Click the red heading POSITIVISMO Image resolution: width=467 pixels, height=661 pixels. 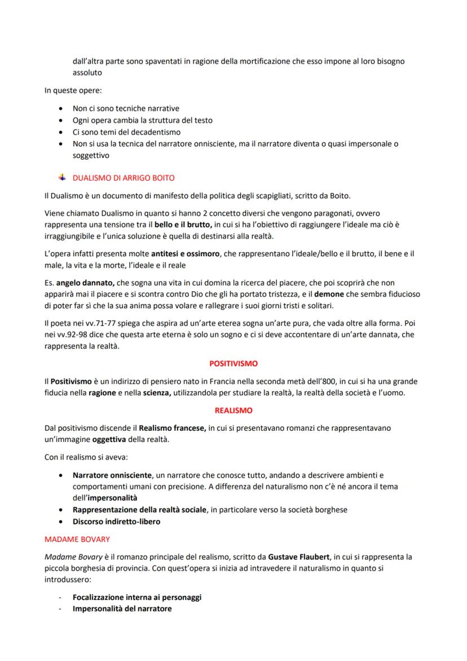(233, 364)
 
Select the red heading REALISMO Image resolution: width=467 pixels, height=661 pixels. (233, 410)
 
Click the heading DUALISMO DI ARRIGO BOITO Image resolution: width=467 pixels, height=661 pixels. (124, 178)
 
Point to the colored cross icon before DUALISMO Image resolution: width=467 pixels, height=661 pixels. (63, 178)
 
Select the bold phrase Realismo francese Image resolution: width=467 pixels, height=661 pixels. (172, 428)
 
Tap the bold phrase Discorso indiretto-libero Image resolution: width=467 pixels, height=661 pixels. (116, 522)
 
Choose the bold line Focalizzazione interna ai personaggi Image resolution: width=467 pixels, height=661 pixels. (137, 597)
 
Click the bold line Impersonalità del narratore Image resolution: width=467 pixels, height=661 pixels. (122, 609)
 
